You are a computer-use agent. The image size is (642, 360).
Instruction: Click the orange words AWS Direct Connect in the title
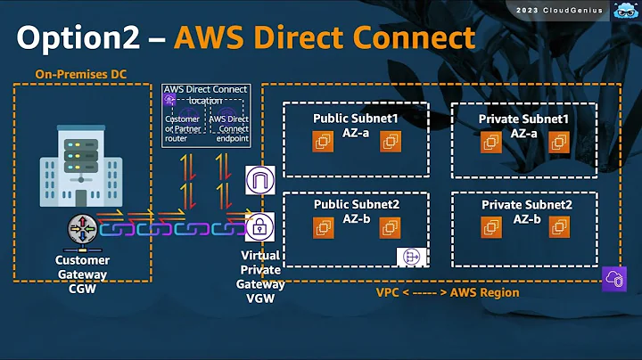[324, 37]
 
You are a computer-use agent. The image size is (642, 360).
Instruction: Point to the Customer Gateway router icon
[82, 229]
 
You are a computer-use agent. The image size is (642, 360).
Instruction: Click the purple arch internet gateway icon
[259, 181]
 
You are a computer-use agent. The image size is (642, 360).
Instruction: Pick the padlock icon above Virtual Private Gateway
[259, 226]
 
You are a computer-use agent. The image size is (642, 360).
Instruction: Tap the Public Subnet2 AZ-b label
[355, 211]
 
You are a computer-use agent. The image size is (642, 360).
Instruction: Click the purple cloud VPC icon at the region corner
[615, 277]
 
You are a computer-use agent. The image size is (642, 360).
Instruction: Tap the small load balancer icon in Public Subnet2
[411, 257]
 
